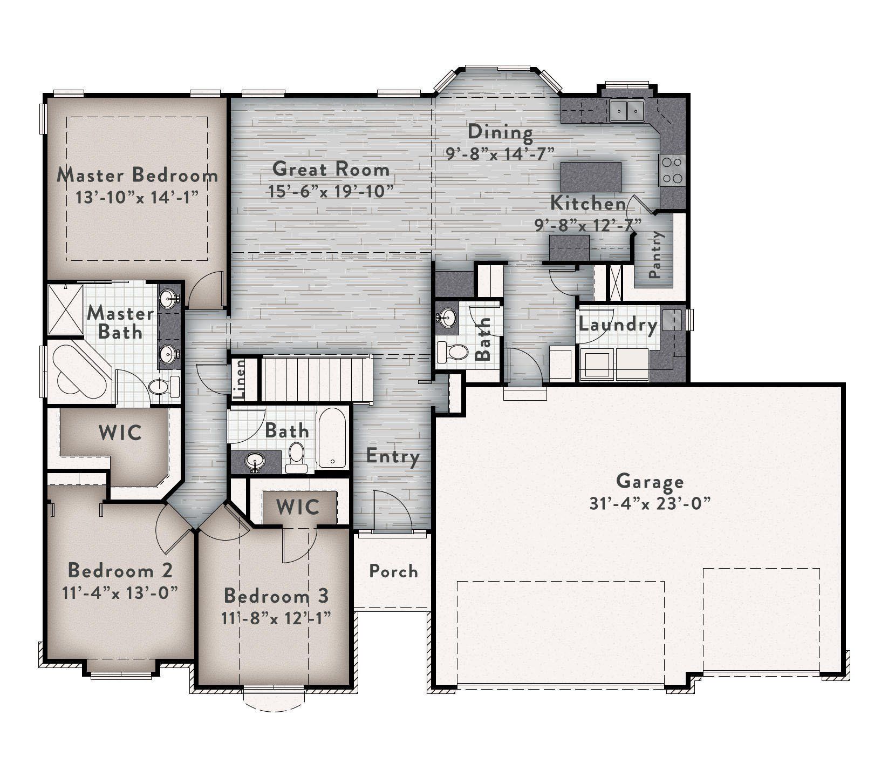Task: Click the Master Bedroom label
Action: [137, 175]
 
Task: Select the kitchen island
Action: [591, 174]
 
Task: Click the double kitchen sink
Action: [627, 111]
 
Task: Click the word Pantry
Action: [655, 254]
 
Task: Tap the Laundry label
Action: [618, 325]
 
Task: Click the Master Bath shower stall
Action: [65, 309]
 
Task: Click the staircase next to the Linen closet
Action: [316, 379]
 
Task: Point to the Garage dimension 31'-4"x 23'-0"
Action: [650, 503]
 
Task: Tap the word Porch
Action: [393, 571]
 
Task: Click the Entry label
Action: [393, 456]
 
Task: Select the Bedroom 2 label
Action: [120, 570]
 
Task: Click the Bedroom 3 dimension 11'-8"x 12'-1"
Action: [276, 617]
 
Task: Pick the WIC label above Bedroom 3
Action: [298, 507]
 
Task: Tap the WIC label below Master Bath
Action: [120, 432]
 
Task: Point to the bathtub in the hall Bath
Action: [332, 437]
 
